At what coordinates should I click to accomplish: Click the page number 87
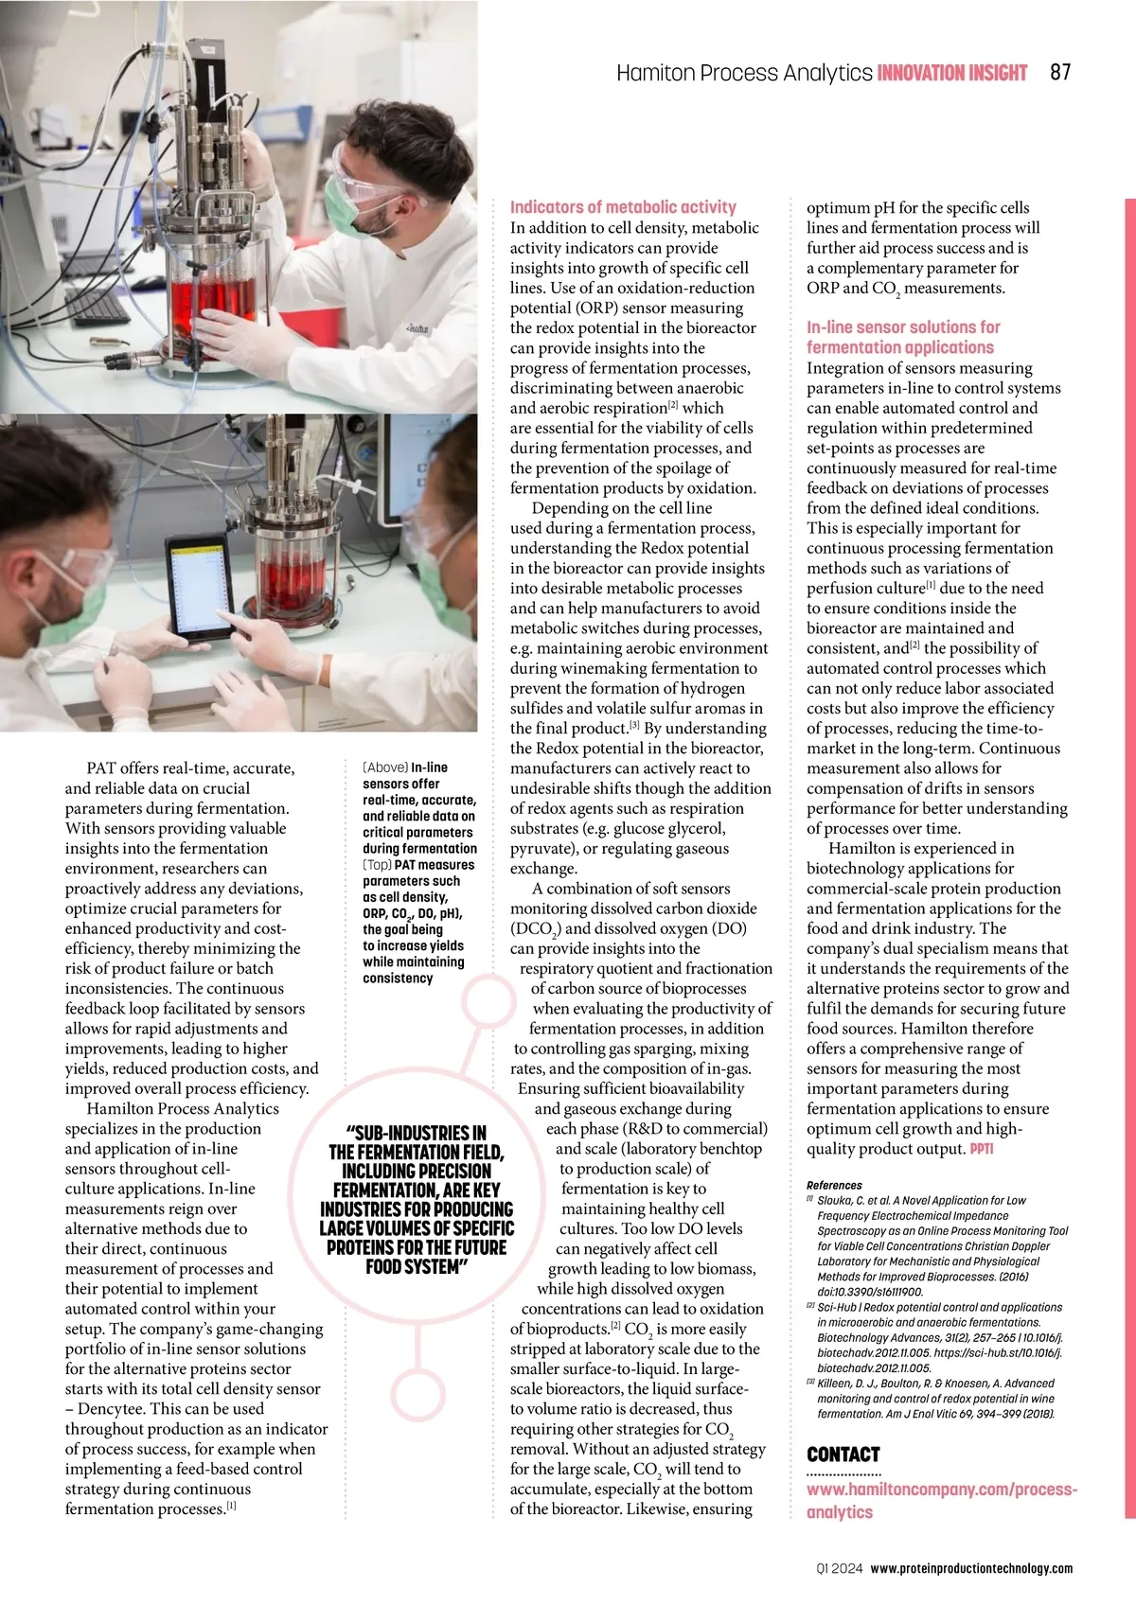[1060, 72]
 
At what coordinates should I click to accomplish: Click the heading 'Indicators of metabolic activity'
[623, 206]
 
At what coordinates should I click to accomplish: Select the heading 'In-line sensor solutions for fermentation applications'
[902, 337]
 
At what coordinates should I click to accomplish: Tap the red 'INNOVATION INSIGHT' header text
[951, 73]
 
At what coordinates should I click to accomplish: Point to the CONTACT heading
[843, 1455]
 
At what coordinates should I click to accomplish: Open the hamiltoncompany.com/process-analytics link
[941, 1500]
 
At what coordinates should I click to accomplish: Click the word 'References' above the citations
[834, 1185]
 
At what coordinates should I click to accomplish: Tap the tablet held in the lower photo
[201, 587]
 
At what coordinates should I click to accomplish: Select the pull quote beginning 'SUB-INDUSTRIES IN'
[417, 1199]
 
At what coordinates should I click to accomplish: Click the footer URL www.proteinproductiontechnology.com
[971, 1568]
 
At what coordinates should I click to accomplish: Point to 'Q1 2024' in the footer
[840, 1568]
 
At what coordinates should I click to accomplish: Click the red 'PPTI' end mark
[982, 1149]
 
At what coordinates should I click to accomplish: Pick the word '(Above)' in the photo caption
[385, 767]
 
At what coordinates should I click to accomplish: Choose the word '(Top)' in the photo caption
[377, 865]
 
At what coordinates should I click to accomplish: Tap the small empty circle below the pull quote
[417, 1394]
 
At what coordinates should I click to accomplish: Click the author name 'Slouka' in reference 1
[835, 1200]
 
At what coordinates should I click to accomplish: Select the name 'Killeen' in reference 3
[835, 1383]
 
